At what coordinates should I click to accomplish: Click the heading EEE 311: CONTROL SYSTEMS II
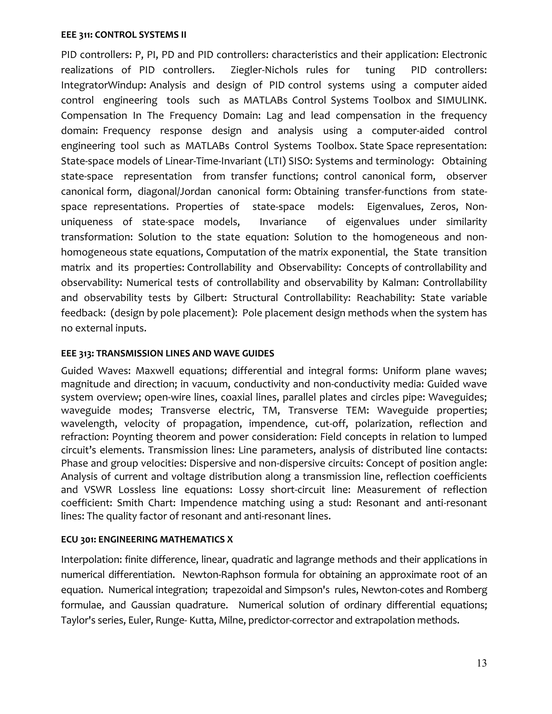[124, 35]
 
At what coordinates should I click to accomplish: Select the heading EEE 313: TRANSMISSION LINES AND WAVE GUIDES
[167, 353]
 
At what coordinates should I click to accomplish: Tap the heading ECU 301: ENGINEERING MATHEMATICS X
[147, 539]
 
